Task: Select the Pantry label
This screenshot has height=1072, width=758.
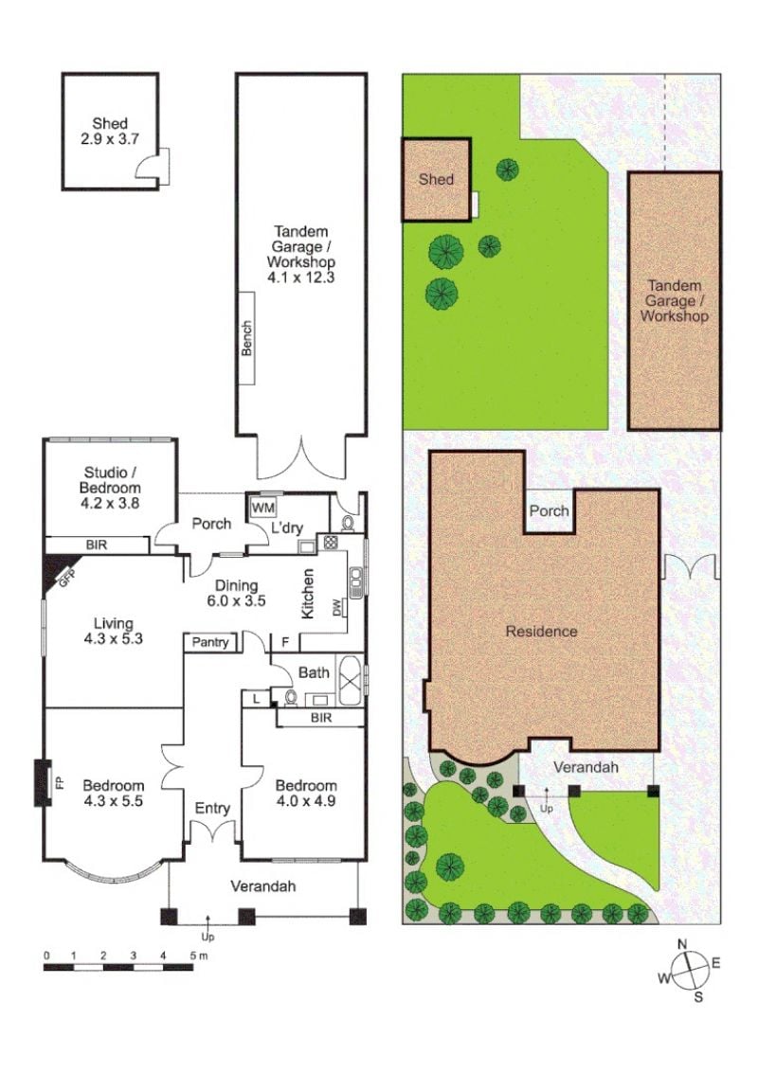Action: [x=210, y=642]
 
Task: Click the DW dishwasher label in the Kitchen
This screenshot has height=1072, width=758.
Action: [x=337, y=607]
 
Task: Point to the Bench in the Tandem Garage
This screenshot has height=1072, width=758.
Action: [x=246, y=338]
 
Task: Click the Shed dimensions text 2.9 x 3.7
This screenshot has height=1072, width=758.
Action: [x=110, y=139]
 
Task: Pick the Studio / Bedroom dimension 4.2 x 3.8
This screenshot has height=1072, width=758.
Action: [x=110, y=504]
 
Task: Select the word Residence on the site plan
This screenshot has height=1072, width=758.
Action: [x=541, y=631]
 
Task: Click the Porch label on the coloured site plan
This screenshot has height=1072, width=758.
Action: [x=550, y=510]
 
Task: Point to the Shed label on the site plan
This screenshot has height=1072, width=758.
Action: [x=436, y=179]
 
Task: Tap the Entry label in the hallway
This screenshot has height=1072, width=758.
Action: [x=212, y=809]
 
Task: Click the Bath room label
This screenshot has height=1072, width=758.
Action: [x=314, y=672]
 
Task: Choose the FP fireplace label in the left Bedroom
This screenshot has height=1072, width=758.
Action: [x=59, y=782]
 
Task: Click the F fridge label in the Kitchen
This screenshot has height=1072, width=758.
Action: [x=284, y=642]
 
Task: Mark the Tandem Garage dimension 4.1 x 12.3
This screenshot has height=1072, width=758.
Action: [x=301, y=277]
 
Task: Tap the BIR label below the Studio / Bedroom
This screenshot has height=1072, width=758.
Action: [x=97, y=545]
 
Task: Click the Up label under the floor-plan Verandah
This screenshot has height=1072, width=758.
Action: [x=208, y=937]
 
